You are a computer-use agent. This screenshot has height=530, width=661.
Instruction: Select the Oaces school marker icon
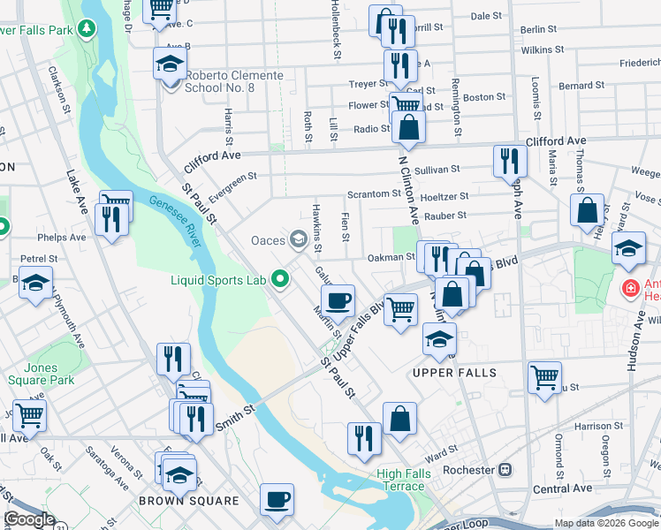pyautogui.click(x=299, y=238)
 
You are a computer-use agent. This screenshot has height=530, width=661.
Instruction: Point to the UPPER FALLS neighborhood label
pyautogui.click(x=454, y=373)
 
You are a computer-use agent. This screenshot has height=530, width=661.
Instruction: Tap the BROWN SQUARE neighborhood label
pyautogui.click(x=189, y=501)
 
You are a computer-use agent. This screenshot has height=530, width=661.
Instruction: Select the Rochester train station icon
pyautogui.click(x=505, y=470)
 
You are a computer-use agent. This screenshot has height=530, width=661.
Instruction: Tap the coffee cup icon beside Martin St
pyautogui.click(x=338, y=300)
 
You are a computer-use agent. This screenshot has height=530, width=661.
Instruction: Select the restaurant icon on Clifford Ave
pyautogui.click(x=510, y=159)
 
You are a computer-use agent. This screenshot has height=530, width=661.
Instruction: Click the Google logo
pyautogui.click(x=29, y=519)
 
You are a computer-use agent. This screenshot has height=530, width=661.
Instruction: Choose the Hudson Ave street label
pyautogui.click(x=637, y=336)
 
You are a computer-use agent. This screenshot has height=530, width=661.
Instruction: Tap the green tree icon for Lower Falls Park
pyautogui.click(x=86, y=30)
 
